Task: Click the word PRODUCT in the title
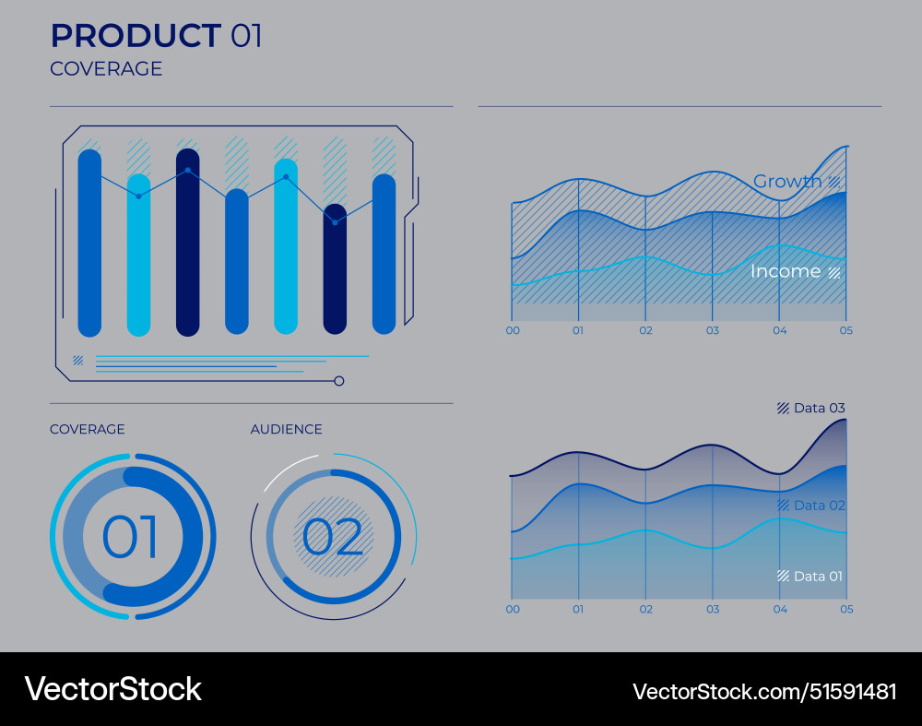point(135,36)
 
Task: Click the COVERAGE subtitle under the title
point(106,69)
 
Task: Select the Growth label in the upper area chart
point(787,182)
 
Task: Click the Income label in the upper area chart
point(786,271)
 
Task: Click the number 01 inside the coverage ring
point(130,538)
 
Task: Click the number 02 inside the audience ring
point(333,538)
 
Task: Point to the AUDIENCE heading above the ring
point(287,430)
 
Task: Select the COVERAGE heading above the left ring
point(88,430)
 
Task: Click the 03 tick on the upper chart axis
point(712,330)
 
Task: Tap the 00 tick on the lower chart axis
point(513,609)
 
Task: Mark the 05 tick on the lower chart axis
point(846,609)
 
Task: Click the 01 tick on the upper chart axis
point(578,330)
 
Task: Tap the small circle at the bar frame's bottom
point(339,381)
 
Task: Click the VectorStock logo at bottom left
point(113,689)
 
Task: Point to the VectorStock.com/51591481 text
point(764,691)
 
